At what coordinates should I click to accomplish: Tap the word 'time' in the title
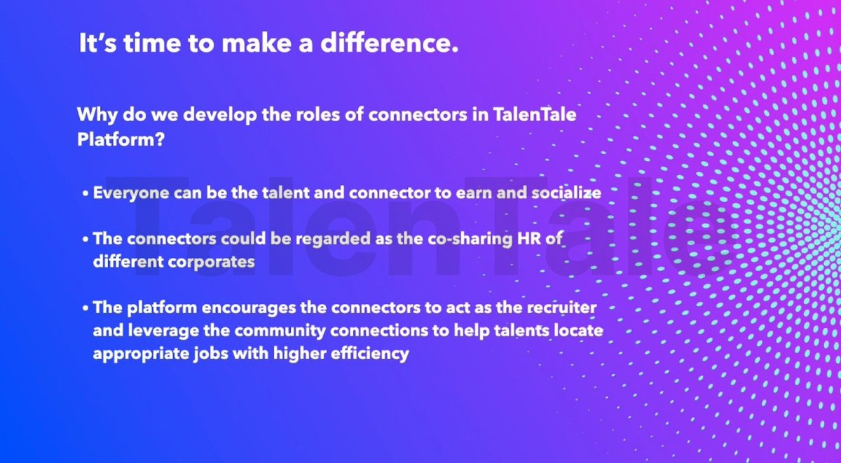139,44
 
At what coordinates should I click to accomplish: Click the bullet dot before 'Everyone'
85,194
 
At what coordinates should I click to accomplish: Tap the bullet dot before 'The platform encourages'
85,310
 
